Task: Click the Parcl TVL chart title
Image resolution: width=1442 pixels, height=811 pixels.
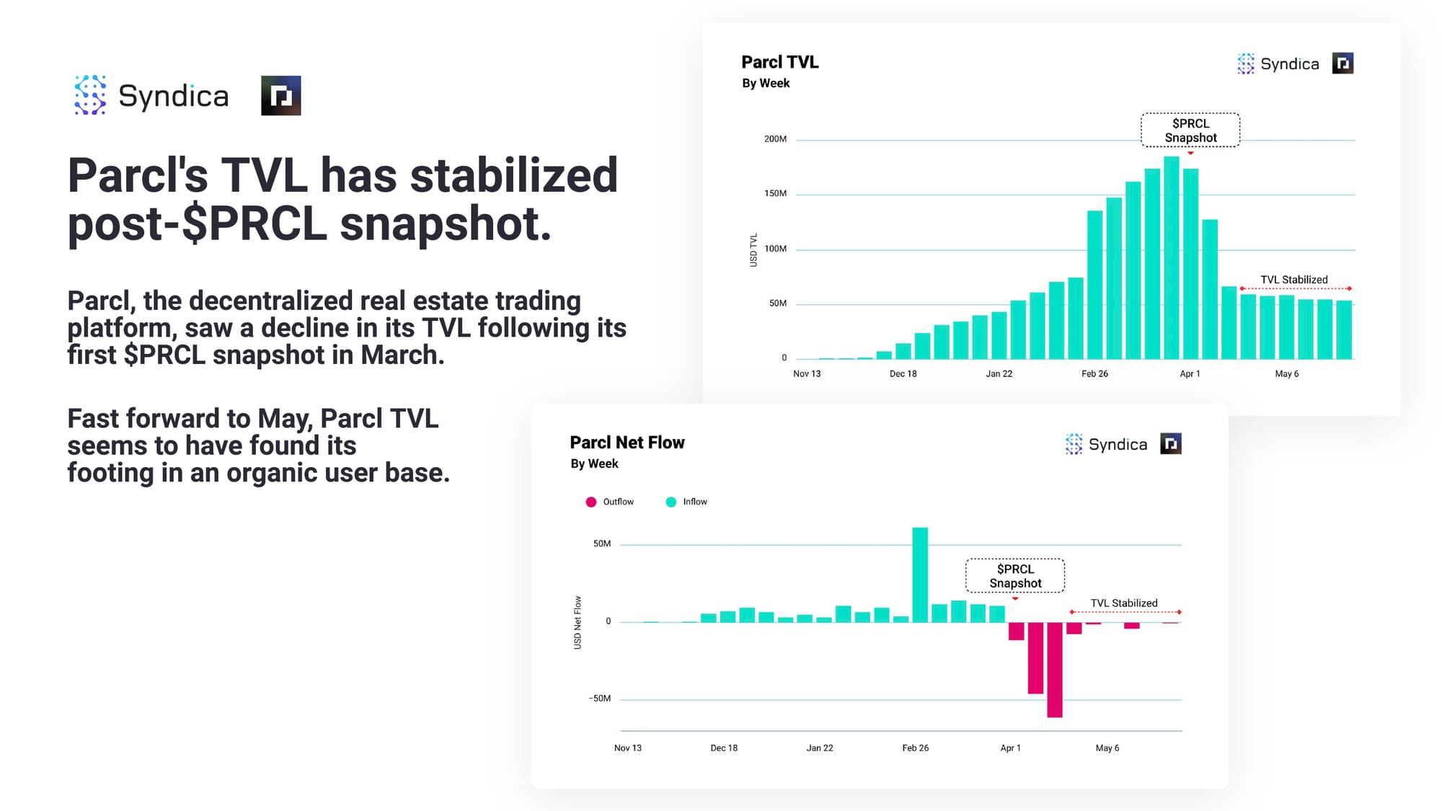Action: click(x=779, y=62)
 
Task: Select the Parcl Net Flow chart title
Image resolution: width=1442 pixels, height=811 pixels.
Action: click(x=627, y=443)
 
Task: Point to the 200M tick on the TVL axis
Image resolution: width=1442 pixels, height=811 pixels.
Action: click(x=775, y=139)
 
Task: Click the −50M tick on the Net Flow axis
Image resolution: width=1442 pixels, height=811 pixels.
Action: click(x=599, y=699)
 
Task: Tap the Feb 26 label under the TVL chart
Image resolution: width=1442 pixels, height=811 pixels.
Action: click(x=1094, y=373)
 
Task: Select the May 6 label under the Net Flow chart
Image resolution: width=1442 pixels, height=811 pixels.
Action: click(x=1107, y=748)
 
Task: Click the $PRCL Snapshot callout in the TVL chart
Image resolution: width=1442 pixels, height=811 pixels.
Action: click(x=1190, y=130)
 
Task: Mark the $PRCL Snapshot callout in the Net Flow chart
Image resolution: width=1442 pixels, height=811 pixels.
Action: click(x=1015, y=576)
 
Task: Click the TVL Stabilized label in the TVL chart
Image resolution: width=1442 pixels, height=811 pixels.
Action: click(x=1293, y=280)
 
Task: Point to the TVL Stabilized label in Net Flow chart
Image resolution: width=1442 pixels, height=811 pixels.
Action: click(x=1123, y=603)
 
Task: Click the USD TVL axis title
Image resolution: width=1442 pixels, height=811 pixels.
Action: click(x=753, y=250)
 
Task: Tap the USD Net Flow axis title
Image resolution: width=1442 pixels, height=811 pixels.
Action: click(x=578, y=622)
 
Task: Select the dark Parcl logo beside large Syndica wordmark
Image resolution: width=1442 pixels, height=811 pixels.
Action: click(x=280, y=96)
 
